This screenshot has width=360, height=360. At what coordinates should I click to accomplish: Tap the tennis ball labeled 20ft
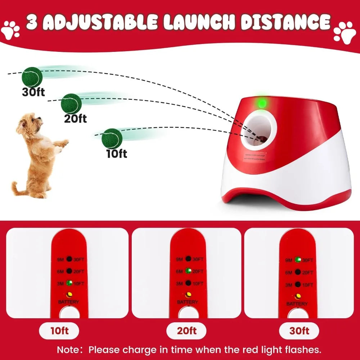point(71,104)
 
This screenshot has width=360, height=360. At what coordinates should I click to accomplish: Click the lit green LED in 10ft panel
point(69,283)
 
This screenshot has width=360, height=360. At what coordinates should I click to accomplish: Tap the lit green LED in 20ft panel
point(188,271)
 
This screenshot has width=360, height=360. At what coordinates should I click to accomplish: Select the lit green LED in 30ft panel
point(297,260)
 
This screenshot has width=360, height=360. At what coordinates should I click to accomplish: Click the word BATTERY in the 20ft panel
point(188,302)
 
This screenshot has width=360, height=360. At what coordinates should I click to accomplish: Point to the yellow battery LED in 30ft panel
point(297,296)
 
